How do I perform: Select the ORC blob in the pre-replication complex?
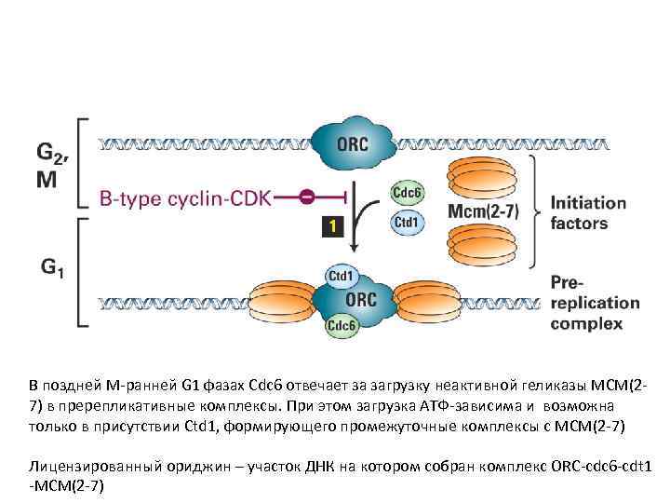click(x=360, y=300)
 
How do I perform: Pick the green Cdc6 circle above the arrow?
click(x=407, y=194)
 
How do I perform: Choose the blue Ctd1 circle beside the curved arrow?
click(x=406, y=223)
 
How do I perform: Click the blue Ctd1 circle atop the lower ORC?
click(x=342, y=276)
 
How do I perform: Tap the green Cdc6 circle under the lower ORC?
click(x=340, y=325)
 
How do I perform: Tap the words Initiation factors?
click(x=588, y=212)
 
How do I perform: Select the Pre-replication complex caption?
click(x=595, y=302)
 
